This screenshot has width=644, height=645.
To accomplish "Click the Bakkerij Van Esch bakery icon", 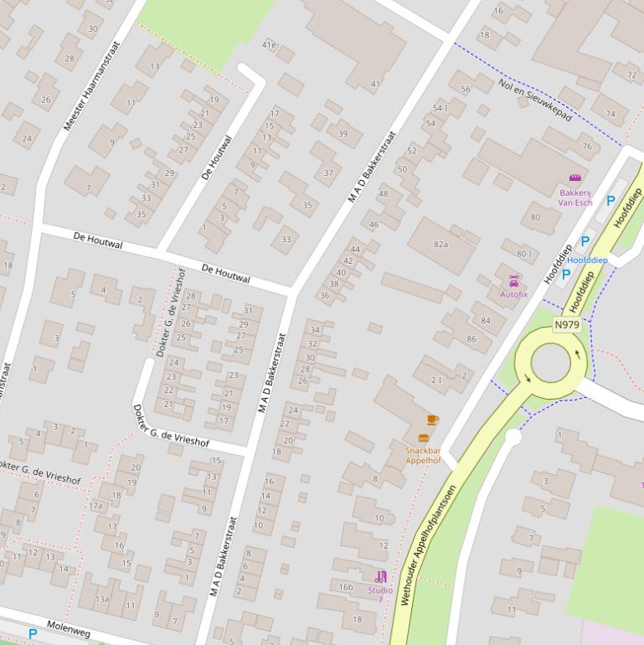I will click(x=574, y=178).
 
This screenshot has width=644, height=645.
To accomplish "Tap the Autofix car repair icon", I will click(x=513, y=281).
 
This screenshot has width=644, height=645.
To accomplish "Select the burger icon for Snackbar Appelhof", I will click(x=423, y=438).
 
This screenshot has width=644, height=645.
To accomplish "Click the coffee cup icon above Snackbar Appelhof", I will click(x=432, y=420).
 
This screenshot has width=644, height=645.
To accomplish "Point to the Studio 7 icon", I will click(x=380, y=576).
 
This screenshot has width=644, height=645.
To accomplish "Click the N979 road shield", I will click(x=567, y=325).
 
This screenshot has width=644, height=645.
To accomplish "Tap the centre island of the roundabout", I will click(x=551, y=362).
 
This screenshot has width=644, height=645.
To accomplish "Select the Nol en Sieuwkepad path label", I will click(x=534, y=101).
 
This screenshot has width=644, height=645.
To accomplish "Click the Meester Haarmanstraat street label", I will click(x=92, y=85).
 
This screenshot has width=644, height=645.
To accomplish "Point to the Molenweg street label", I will click(x=68, y=629).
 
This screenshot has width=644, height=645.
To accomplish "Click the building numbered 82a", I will click(x=440, y=245).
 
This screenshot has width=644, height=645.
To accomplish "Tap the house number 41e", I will click(x=269, y=44).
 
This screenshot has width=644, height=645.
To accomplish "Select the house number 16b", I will click(x=345, y=587).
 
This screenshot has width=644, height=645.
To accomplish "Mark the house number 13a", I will click(x=102, y=599).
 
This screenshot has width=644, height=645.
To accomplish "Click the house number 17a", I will click(x=96, y=506).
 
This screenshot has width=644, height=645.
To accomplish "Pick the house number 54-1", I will click(x=440, y=108).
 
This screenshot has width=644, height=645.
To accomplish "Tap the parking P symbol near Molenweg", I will click(x=33, y=634).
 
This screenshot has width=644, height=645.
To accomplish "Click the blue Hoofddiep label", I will click(x=587, y=261).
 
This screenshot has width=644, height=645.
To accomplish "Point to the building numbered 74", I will click(x=611, y=114).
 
